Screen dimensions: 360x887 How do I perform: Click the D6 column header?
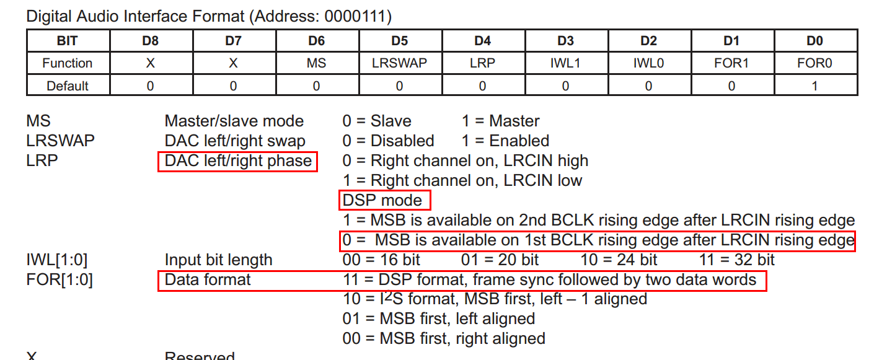point(316,41)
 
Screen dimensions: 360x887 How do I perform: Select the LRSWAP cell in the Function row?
point(399,63)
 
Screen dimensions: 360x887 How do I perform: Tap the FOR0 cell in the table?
point(814,63)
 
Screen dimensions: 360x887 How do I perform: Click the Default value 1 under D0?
point(814,86)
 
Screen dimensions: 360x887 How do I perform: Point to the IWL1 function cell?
point(565,63)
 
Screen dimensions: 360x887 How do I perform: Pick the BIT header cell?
point(68,41)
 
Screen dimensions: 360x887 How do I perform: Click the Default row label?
point(68,86)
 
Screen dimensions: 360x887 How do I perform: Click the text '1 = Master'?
point(500,121)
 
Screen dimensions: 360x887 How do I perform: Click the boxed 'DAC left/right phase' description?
point(238,161)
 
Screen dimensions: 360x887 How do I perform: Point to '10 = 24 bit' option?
point(619,260)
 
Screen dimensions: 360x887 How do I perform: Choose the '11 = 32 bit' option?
point(737,260)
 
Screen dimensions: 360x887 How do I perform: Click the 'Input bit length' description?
point(218,260)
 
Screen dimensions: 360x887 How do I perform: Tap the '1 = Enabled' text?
point(505,141)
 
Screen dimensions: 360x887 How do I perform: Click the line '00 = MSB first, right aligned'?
point(444,338)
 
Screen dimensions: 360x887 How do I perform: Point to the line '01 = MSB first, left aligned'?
point(438,318)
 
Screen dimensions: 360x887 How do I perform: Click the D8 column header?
point(150,41)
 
